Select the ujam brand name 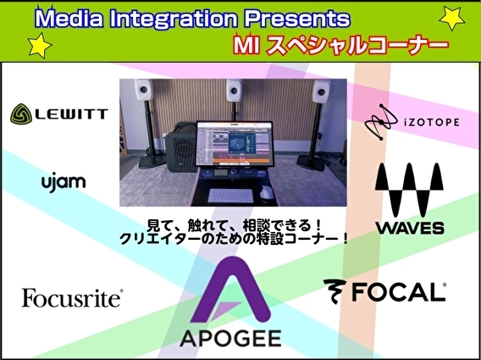pyautogui.click(x=63, y=182)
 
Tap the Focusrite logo pyautogui.click(x=72, y=297)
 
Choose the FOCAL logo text pyautogui.click(x=385, y=292)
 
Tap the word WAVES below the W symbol pyautogui.click(x=410, y=227)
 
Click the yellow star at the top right pyautogui.click(x=453, y=17)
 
